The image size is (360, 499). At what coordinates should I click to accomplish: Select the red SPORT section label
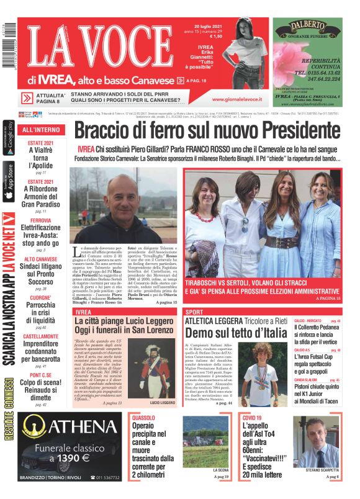(x=194, y=311)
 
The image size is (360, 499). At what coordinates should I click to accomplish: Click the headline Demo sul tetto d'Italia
(x=236, y=333)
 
